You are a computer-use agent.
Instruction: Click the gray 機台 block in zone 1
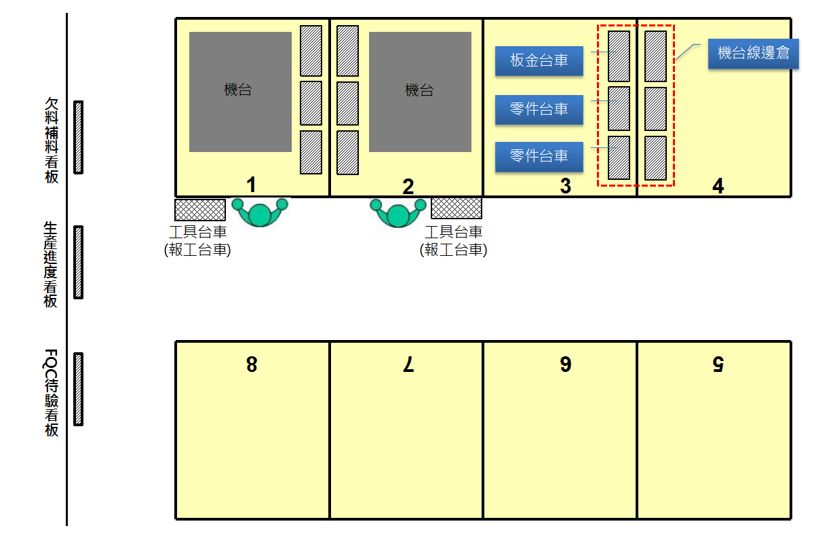point(240,92)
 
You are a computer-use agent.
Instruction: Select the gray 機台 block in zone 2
point(420,92)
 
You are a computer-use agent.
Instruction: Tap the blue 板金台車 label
point(539,61)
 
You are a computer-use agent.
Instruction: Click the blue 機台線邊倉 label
point(753,54)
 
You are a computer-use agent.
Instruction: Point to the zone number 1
point(252,185)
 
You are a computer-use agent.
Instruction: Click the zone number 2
point(408,187)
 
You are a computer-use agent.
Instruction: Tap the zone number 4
point(718,186)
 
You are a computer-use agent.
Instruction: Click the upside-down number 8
point(252,364)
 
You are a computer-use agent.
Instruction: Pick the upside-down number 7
point(408,365)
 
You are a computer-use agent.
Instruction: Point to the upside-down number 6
point(566,364)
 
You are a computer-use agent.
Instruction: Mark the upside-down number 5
point(718,364)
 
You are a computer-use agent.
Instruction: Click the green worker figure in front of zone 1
point(260,212)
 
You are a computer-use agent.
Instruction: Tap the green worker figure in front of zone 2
point(398,212)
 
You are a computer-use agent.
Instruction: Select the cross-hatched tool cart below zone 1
point(200,210)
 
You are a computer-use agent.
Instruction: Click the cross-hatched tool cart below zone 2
point(457,208)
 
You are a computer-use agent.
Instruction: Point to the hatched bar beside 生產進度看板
point(78,262)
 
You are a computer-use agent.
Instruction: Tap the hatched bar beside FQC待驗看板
point(78,389)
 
